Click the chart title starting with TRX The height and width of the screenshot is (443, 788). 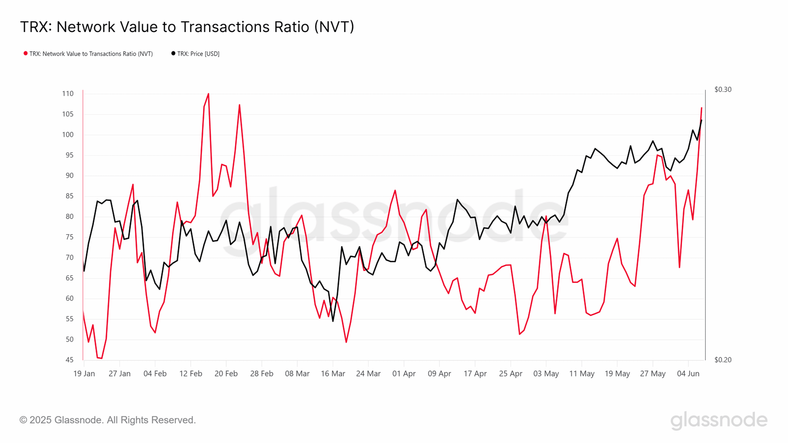[x=187, y=27]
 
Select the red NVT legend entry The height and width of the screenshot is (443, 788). [x=89, y=54]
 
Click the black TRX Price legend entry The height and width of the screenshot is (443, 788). [x=196, y=54]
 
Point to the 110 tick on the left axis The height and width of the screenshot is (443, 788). [x=68, y=94]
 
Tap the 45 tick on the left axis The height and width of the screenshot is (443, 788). [x=69, y=360]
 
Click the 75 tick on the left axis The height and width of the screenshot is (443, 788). [x=69, y=237]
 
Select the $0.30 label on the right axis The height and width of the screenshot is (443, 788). [x=722, y=90]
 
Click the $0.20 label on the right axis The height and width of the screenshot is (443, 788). [x=722, y=360]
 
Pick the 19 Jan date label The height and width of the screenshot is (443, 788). [x=84, y=374]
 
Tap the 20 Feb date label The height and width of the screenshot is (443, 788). [x=226, y=374]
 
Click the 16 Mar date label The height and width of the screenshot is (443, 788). [x=333, y=374]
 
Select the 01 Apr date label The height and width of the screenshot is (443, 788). [x=404, y=374]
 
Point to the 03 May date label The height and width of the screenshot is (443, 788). [x=546, y=374]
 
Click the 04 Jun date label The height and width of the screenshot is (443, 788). [x=688, y=374]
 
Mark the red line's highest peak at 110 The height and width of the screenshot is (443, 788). [x=208, y=94]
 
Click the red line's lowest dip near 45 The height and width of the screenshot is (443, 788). [x=101, y=358]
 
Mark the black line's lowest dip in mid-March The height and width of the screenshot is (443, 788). [x=333, y=321]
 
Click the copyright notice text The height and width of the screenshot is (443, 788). [x=108, y=420]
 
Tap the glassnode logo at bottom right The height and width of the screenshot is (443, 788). [x=719, y=420]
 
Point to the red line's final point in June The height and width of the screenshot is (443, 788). [x=701, y=108]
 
